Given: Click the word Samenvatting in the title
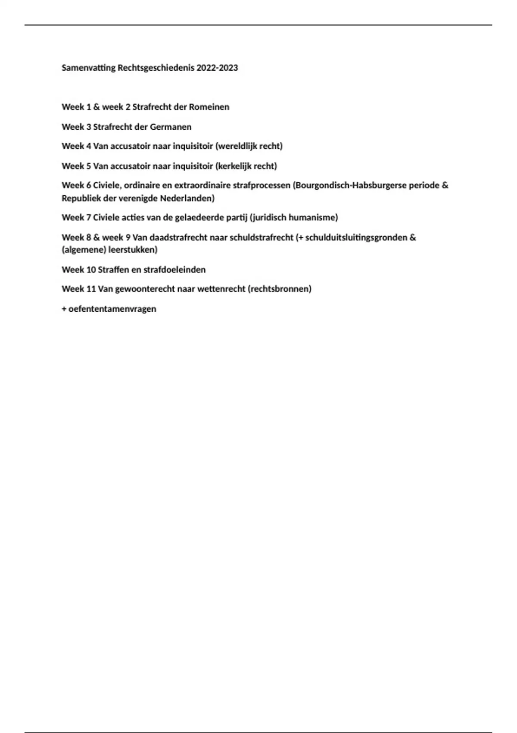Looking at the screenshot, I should click(89, 68).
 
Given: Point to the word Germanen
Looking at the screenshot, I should click(171, 127).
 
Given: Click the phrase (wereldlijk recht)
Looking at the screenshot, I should click(249, 146).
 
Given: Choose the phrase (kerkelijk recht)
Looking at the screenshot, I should click(246, 166).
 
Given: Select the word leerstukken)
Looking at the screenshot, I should click(133, 250).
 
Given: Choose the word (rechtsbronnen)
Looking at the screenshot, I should click(279, 289).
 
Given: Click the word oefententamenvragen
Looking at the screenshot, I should click(112, 309).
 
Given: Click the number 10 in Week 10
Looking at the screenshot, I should click(91, 269).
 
